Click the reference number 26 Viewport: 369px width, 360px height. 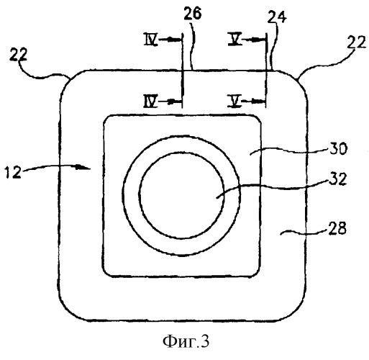click(193, 14)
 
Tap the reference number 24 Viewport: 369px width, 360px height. click(277, 17)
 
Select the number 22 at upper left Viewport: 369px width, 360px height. click(19, 55)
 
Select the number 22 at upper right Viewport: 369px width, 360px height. click(357, 42)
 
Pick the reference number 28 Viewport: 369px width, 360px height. click(337, 228)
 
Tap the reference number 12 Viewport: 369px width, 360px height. click(13, 172)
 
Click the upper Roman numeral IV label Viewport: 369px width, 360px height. click(151, 40)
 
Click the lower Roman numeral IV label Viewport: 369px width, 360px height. click(151, 101)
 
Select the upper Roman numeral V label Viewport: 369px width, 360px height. click(234, 40)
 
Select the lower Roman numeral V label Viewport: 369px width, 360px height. click(234, 101)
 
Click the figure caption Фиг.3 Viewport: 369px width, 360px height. click(186, 341)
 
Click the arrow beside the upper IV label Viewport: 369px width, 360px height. click(169, 39)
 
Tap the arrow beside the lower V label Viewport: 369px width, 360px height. click(253, 102)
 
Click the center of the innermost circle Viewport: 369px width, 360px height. click(181, 196)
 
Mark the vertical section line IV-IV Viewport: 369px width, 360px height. click(182, 71)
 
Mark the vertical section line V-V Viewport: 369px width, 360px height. click(266, 71)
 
